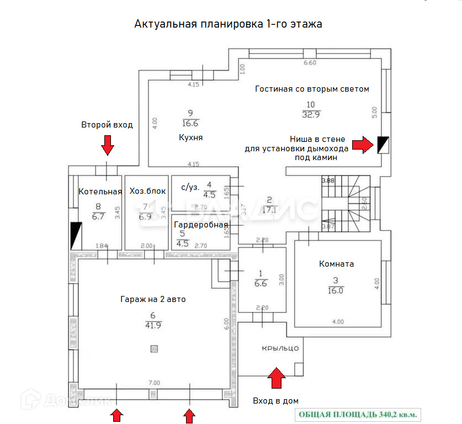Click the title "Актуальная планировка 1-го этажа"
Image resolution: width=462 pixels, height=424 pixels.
pos(228,24)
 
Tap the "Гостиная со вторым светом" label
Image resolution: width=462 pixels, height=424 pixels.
pos(312,89)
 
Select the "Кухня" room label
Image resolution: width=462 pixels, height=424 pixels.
pos(191,137)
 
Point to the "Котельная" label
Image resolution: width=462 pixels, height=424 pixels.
pos(100,192)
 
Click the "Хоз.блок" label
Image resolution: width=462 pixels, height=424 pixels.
pos(147,192)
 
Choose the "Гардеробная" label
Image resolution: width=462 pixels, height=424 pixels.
pos(201,225)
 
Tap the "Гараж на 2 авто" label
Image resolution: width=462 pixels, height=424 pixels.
pos(153,299)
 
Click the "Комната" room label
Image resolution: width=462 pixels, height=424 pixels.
pos(336,264)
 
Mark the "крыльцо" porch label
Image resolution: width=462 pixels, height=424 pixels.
pos(280,348)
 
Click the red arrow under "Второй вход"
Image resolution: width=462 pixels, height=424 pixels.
pos(108,145)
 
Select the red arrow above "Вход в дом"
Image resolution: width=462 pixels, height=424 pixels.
pos(277,380)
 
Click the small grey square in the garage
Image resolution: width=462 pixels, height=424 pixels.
pos(154,348)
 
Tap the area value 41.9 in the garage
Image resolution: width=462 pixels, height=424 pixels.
pos(153,326)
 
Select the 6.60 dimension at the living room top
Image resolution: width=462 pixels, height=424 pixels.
pos(310,62)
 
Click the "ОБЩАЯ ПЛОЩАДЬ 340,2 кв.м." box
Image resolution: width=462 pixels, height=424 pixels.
pos(358,414)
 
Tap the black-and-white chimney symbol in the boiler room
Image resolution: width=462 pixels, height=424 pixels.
pos(76,235)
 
